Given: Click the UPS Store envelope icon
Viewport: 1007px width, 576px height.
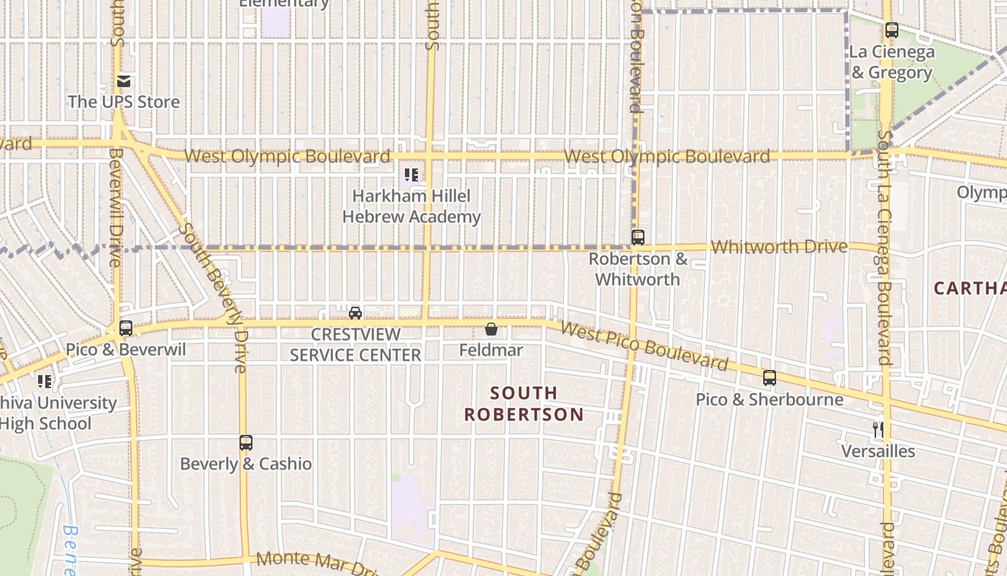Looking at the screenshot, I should tap(124, 81).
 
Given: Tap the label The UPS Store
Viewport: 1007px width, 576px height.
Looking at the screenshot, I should tap(124, 102).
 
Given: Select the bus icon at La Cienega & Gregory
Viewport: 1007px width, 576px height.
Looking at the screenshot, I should tap(892, 30).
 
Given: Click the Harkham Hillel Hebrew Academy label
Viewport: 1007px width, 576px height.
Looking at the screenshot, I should tap(411, 206).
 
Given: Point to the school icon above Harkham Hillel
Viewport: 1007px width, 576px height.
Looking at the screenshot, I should tap(411, 174).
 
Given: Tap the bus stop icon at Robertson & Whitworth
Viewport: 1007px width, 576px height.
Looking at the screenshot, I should tap(638, 237).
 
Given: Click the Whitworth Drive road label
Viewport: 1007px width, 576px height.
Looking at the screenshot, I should tap(779, 247).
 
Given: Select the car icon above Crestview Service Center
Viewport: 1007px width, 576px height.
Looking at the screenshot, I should tap(355, 312).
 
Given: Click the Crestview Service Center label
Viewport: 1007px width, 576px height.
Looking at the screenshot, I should tap(355, 345).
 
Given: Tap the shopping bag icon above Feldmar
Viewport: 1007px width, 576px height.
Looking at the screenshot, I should tap(491, 329).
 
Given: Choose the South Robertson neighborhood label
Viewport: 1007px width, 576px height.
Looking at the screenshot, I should tap(524, 403).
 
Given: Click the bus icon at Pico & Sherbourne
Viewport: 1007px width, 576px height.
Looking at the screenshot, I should tap(770, 377).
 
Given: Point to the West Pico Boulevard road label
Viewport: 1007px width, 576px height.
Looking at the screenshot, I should tap(644, 346).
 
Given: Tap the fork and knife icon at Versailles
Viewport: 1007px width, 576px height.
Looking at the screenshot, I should tap(878, 430).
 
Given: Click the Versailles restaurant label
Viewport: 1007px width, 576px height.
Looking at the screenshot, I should tap(878, 451).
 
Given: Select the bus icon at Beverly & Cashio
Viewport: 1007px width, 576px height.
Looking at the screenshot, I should tap(246, 442).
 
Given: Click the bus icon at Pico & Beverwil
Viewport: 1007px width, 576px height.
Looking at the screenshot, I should tap(126, 328).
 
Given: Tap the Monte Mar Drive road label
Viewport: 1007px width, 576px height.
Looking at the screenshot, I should tap(316, 562).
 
